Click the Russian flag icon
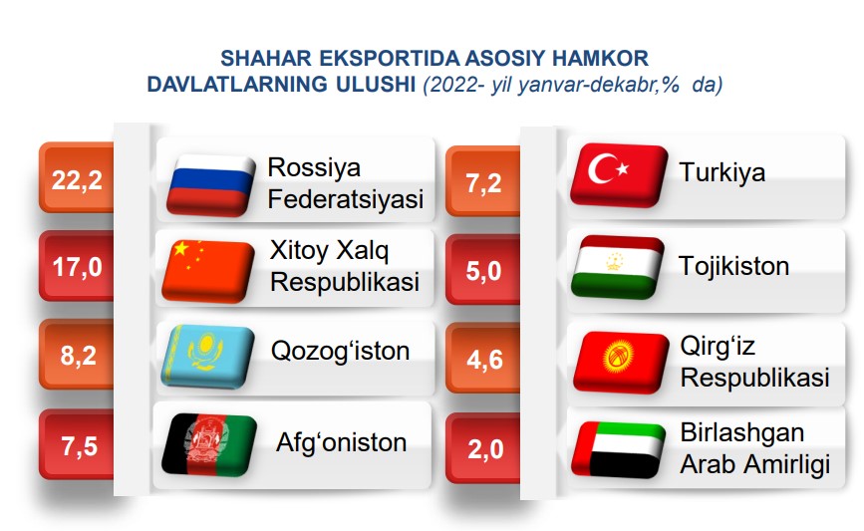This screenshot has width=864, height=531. pyautogui.click(x=211, y=184)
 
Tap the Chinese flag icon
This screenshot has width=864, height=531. pyautogui.click(x=208, y=271)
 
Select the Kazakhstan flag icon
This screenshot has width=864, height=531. pyautogui.click(x=207, y=357)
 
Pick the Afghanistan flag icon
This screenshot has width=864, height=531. pyautogui.click(x=209, y=444)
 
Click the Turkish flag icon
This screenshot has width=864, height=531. pyautogui.click(x=619, y=175)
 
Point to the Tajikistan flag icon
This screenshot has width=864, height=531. pyautogui.click(x=618, y=267)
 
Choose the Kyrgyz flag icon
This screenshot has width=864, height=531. pyautogui.click(x=621, y=362)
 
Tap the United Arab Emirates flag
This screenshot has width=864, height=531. pyautogui.click(x=618, y=449)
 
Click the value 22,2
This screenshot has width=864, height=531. pyautogui.click(x=77, y=180)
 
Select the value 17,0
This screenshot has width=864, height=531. pyautogui.click(x=77, y=267)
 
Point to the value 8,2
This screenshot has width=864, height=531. pyautogui.click(x=79, y=356)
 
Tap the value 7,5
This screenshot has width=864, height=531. pyautogui.click(x=80, y=445)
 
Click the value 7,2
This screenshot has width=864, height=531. pyautogui.click(x=483, y=183)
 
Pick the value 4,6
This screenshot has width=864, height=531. pyautogui.click(x=485, y=360)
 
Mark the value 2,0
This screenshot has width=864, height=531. pyautogui.click(x=485, y=449)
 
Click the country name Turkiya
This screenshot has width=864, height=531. pyautogui.click(x=721, y=172)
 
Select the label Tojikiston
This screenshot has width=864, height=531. pyautogui.click(x=734, y=265)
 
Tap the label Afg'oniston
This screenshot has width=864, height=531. pyautogui.click(x=341, y=443)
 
